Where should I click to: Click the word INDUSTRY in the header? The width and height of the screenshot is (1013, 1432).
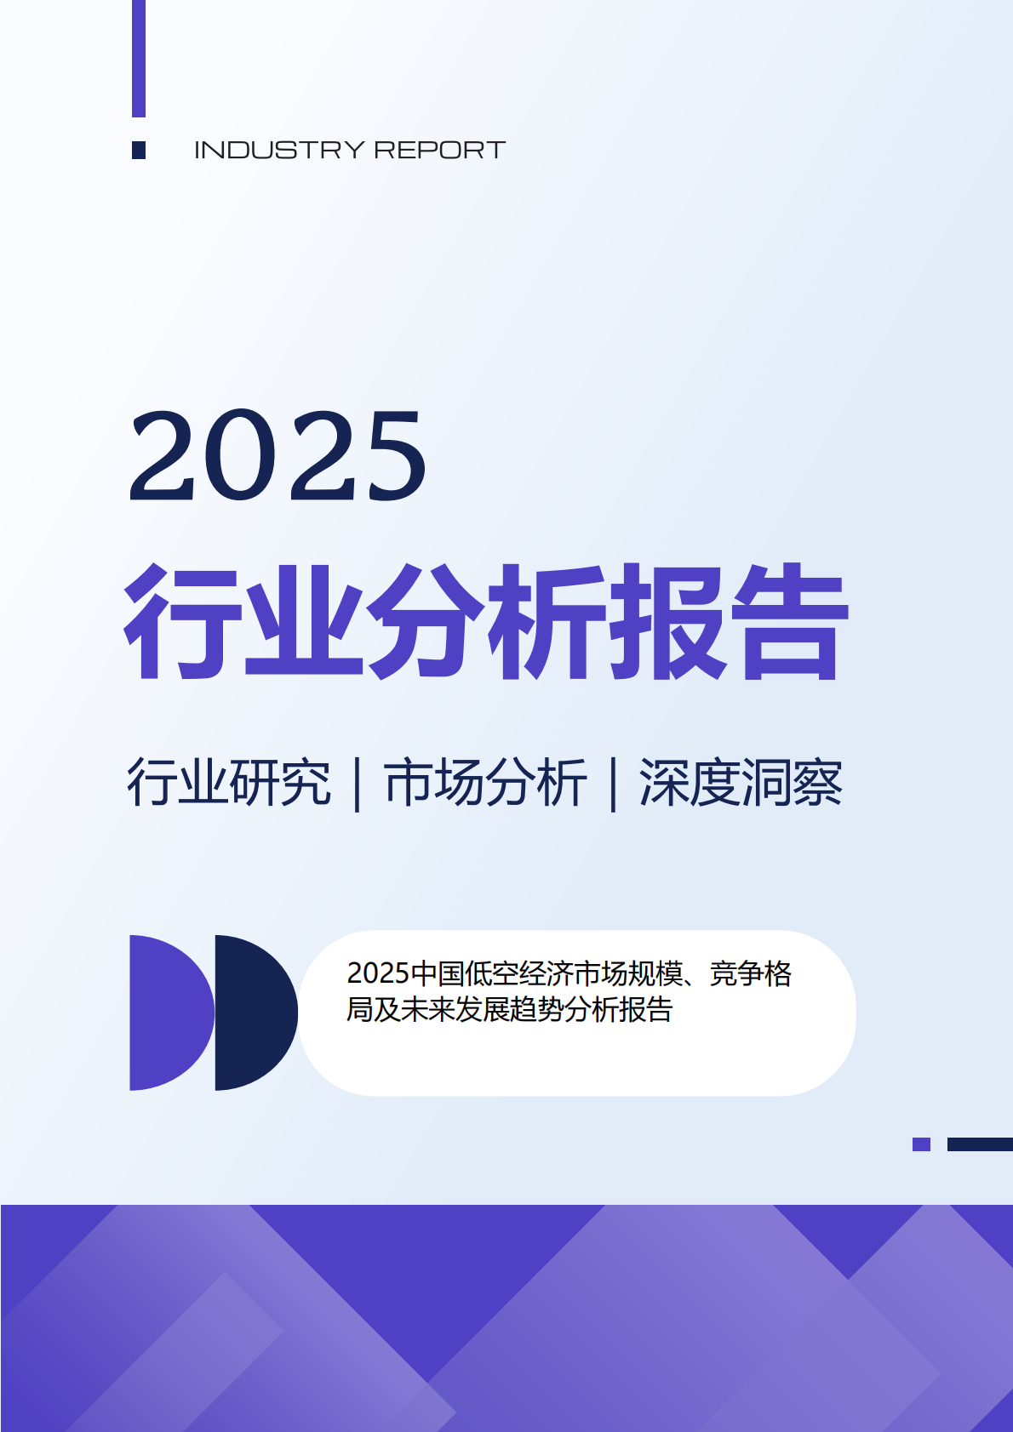[279, 151]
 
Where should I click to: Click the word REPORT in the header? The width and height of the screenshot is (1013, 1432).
[440, 151]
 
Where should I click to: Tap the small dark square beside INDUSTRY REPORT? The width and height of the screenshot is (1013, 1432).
[139, 151]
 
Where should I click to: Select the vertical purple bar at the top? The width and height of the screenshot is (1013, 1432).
[139, 59]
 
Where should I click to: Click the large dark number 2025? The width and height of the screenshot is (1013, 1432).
[278, 455]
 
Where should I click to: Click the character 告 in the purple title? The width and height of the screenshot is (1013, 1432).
[791, 621]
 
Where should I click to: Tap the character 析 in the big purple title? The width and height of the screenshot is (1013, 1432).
[547, 621]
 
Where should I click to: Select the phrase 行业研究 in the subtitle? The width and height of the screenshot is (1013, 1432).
[229, 782]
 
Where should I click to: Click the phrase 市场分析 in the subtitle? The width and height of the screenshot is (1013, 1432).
[485, 782]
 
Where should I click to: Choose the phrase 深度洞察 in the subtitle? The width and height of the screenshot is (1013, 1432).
[741, 782]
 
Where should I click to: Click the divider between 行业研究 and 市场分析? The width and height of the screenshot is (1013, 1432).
[358, 784]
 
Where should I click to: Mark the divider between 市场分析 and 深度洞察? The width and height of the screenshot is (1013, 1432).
[613, 784]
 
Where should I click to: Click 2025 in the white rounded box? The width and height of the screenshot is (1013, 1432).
[378, 973]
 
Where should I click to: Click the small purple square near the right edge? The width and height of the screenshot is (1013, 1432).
[922, 1144]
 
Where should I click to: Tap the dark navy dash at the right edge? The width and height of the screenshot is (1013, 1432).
[980, 1144]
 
